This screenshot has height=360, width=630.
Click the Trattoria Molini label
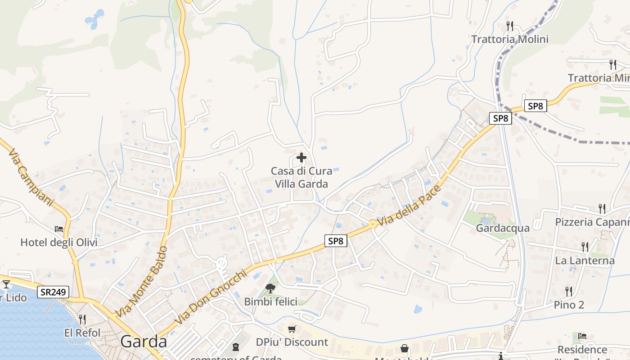(510, 39)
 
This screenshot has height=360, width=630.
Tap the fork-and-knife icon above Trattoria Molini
(510, 25)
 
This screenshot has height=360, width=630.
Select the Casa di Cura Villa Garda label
(301, 177)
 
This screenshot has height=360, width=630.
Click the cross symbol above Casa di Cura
(301, 158)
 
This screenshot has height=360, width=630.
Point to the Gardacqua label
(503, 228)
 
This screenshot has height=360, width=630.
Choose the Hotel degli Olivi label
(59, 243)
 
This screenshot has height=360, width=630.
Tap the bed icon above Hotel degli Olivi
(59, 229)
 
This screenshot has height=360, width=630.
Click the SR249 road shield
(53, 292)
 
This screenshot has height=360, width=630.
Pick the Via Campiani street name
(31, 178)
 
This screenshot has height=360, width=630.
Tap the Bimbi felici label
(270, 301)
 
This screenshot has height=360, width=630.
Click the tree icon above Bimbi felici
(270, 288)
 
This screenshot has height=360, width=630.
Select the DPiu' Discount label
(292, 342)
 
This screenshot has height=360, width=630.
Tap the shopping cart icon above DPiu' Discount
(292, 329)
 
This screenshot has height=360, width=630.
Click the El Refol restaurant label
(82, 333)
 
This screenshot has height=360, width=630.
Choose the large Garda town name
(144, 342)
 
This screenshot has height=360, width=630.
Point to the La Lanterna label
(585, 261)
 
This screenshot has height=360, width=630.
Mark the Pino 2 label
(569, 305)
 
